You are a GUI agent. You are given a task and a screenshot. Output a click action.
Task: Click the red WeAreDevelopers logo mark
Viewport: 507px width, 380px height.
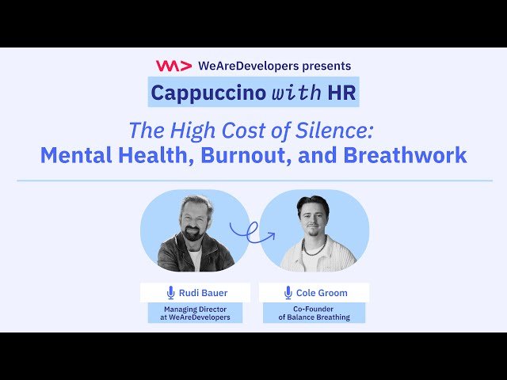tap(168, 66)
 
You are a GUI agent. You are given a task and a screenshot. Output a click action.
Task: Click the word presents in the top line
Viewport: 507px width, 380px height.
tap(326, 66)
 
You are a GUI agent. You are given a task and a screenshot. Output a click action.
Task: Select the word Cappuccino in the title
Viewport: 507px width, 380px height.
tap(197, 92)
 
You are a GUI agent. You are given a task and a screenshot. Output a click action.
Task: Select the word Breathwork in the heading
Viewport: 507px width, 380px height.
tap(405, 154)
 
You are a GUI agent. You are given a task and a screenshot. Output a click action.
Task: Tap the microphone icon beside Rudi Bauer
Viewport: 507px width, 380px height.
tap(170, 293)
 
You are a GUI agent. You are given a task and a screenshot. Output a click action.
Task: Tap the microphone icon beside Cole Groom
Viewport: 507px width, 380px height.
tap(288, 293)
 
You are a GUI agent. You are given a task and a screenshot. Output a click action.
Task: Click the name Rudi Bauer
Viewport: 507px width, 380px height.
tap(203, 293)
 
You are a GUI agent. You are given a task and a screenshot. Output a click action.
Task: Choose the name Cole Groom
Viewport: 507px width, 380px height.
tap(322, 293)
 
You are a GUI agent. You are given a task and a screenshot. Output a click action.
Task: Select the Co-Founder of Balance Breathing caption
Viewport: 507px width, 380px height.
tap(314, 313)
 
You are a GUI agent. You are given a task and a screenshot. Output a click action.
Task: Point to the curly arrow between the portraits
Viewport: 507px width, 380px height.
tap(253, 232)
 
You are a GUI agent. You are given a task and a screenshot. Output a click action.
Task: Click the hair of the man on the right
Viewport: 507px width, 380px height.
tap(313, 204)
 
